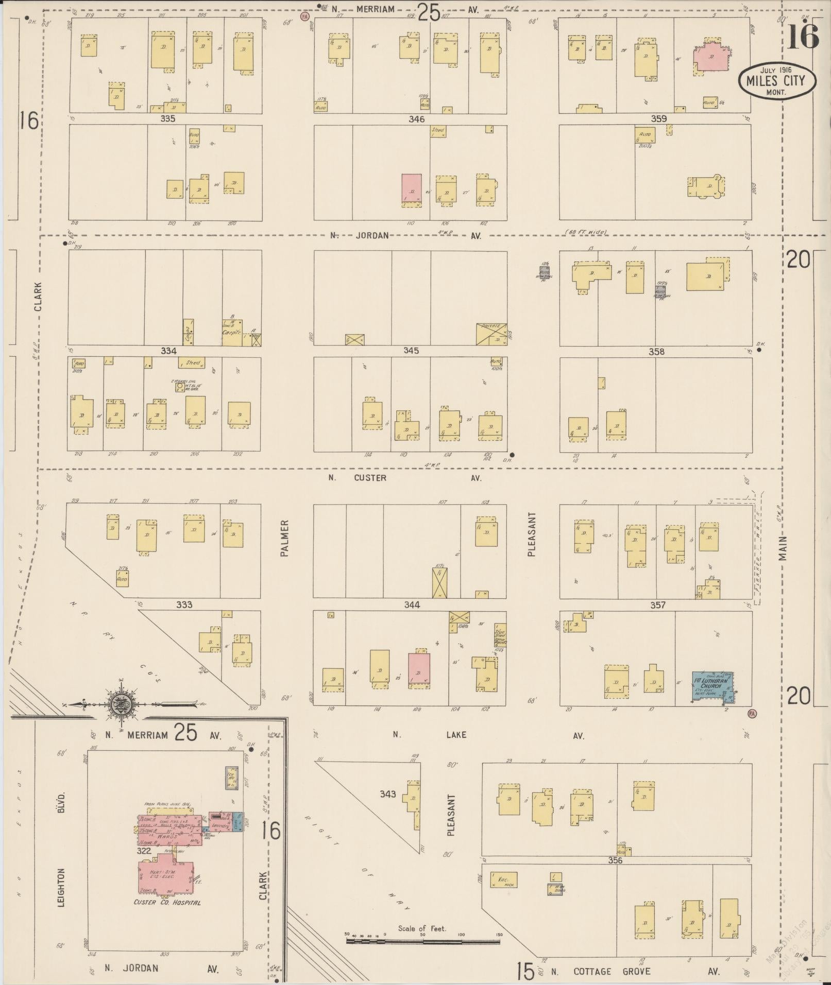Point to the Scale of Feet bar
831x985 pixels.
[x=422, y=941]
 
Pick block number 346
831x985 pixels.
[x=416, y=119]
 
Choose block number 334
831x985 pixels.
[x=168, y=351]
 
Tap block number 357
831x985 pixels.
[x=657, y=605]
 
